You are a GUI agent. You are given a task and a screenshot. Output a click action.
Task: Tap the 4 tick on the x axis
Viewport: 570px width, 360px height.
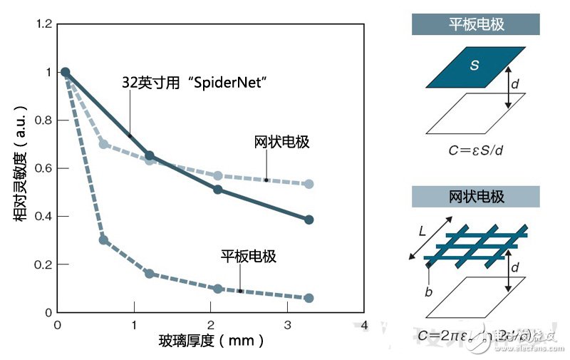pyautogui.click(x=364, y=325)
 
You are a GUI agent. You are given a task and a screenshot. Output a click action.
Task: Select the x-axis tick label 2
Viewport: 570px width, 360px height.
pyautogui.click(x=211, y=325)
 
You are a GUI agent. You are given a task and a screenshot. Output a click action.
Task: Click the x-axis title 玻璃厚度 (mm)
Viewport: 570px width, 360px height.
pyautogui.click(x=211, y=341)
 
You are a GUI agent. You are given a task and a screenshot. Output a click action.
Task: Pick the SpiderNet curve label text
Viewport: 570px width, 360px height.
pyautogui.click(x=194, y=83)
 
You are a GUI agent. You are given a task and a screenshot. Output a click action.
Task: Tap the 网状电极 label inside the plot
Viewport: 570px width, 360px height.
pyautogui.click(x=282, y=142)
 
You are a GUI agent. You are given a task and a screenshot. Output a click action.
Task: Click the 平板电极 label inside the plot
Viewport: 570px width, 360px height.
pyautogui.click(x=249, y=257)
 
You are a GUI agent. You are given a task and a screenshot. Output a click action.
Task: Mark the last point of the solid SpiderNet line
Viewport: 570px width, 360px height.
pyautogui.click(x=309, y=220)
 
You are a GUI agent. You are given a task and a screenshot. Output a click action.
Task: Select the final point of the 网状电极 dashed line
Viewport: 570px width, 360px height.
pyautogui.click(x=309, y=184)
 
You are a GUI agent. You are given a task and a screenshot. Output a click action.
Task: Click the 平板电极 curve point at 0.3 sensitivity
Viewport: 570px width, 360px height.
pyautogui.click(x=103, y=240)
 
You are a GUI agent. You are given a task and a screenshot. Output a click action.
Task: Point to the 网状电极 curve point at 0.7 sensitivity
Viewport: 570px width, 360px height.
pyautogui.click(x=103, y=144)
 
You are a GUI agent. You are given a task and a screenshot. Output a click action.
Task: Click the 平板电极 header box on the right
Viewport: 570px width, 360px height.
pyautogui.click(x=476, y=25)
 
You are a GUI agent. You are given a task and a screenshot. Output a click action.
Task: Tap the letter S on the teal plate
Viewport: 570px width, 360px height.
pyautogui.click(x=474, y=65)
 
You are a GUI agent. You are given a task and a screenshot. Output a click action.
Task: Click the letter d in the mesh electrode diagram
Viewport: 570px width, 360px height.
pyautogui.click(x=515, y=269)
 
